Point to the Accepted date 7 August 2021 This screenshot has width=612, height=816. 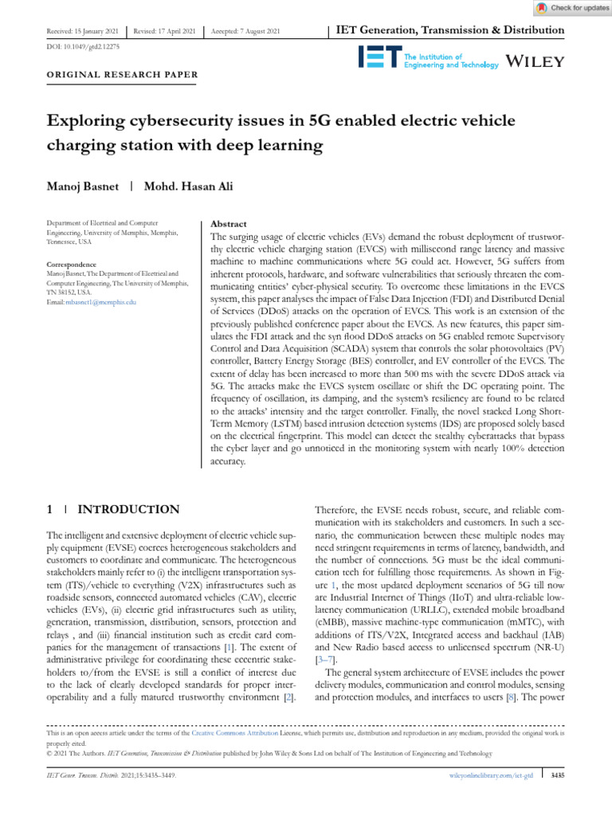[245, 31]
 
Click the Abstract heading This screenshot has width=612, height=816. [227, 225]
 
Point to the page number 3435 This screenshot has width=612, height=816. [558, 775]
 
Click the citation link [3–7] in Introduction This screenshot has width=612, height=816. [327, 661]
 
